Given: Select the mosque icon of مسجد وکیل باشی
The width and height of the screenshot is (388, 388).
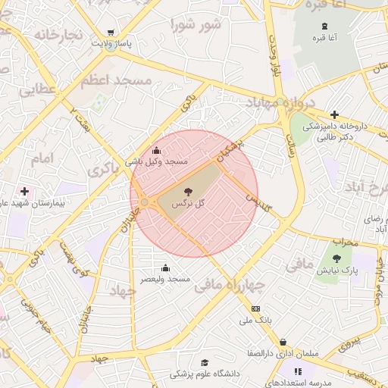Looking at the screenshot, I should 157,150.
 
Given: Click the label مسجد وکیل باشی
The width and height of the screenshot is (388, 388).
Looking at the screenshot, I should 156,161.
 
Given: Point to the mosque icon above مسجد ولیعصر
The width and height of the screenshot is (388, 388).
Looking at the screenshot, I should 166,268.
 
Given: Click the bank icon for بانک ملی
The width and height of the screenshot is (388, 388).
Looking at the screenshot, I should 255,308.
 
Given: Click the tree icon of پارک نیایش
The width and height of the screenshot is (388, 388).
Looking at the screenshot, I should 336,258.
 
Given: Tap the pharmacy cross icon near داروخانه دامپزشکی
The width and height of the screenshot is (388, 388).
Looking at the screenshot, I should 334,114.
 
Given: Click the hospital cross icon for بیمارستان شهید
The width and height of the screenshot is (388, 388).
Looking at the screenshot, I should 25,191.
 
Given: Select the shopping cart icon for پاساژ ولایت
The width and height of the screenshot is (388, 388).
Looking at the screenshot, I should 111,33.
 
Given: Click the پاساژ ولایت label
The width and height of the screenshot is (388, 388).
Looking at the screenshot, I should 111,44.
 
